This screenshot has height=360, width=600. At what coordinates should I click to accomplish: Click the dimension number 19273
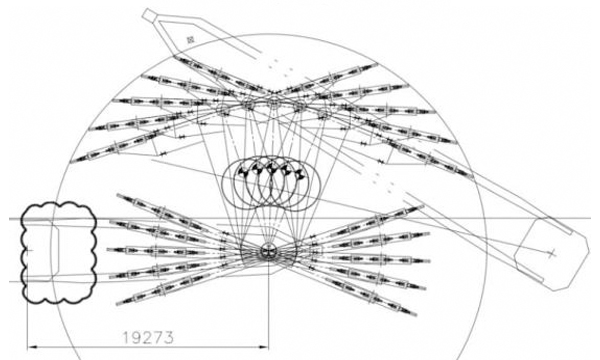[x=148, y=337]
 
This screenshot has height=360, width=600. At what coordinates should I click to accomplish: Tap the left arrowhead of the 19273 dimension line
[x=32, y=347]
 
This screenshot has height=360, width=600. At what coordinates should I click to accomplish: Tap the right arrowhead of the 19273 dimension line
[x=264, y=347]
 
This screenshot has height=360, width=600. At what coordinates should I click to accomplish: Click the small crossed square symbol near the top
[x=190, y=39]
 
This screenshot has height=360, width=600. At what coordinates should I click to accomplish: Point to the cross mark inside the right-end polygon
[x=551, y=253]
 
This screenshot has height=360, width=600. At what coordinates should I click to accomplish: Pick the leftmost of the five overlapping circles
[x=246, y=183]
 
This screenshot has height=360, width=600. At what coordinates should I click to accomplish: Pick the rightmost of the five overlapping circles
[x=295, y=183]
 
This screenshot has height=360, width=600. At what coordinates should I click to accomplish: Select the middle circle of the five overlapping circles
[x=270, y=183]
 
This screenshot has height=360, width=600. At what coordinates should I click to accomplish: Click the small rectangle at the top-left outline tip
[x=150, y=15]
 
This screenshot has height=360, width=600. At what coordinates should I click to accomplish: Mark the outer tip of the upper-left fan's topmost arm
[x=175, y=57]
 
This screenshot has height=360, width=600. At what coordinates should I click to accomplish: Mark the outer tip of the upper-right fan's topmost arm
[x=377, y=64]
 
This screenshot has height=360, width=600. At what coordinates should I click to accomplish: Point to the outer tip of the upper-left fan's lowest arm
[x=71, y=162]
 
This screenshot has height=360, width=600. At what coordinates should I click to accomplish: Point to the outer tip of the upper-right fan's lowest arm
[x=472, y=177]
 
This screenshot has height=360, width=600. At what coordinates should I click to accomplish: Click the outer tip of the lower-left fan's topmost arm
[x=118, y=195]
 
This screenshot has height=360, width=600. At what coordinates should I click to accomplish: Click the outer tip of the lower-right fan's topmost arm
[x=423, y=207]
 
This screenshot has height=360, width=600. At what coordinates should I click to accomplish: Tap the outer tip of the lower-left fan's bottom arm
[x=117, y=304]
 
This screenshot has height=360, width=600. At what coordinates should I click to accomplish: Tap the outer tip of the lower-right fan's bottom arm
[x=415, y=315]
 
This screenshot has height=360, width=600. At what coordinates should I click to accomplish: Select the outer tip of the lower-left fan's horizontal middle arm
[x=108, y=250]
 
